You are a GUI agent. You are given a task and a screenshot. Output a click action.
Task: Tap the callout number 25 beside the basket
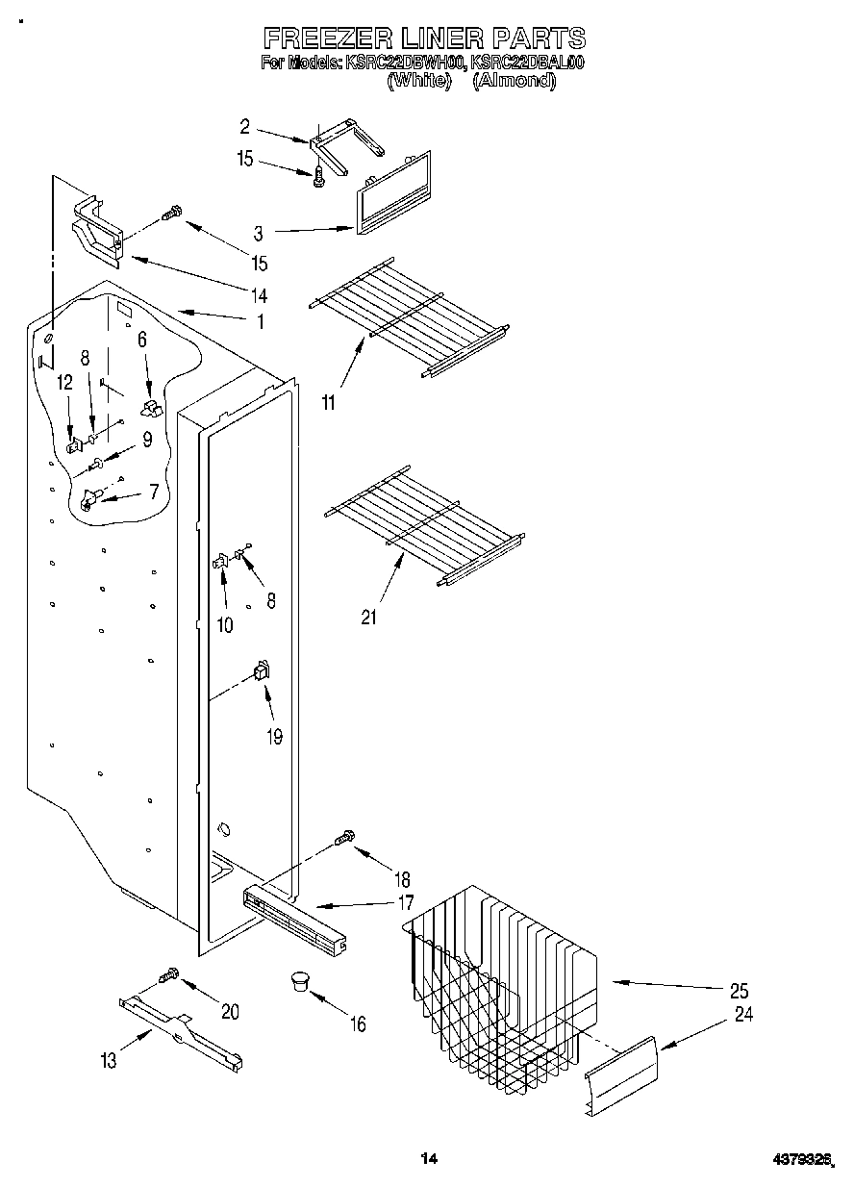[739, 991]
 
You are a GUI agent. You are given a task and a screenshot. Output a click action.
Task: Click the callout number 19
[273, 737]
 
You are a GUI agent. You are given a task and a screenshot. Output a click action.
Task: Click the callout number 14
[259, 294]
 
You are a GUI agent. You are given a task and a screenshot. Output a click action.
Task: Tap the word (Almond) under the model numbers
[515, 81]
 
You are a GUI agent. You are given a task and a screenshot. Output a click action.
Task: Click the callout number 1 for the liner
[259, 321]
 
